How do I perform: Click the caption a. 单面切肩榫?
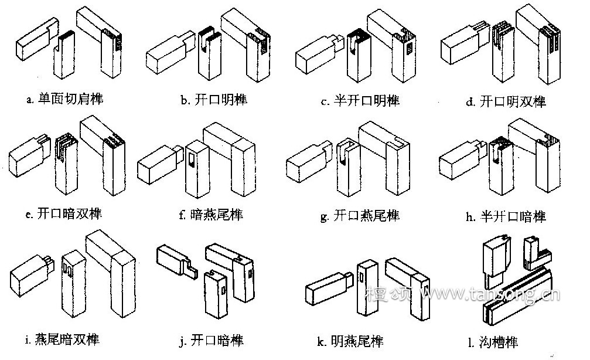pos(64,99)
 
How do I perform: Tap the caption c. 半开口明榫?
pos(360,101)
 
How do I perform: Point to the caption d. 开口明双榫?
pos(506,101)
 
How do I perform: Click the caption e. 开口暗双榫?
pos(64,213)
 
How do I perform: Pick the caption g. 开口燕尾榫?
pos(360,216)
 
